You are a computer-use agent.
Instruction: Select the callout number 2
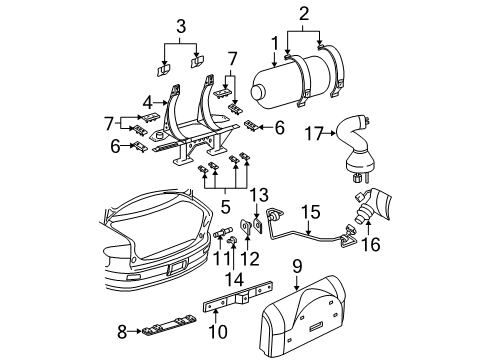[303, 13]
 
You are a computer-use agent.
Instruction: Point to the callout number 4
[149, 101]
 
